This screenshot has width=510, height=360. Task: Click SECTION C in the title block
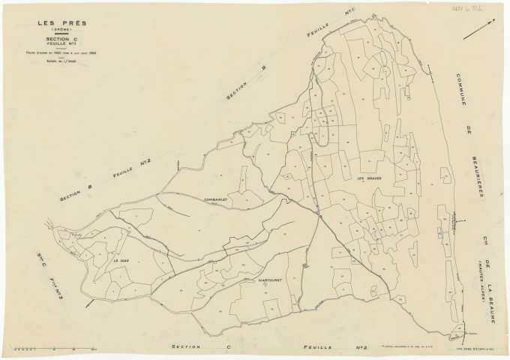(61, 40)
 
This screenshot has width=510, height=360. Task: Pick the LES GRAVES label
(369, 178)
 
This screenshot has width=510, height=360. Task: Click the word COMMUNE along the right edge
(462, 93)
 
